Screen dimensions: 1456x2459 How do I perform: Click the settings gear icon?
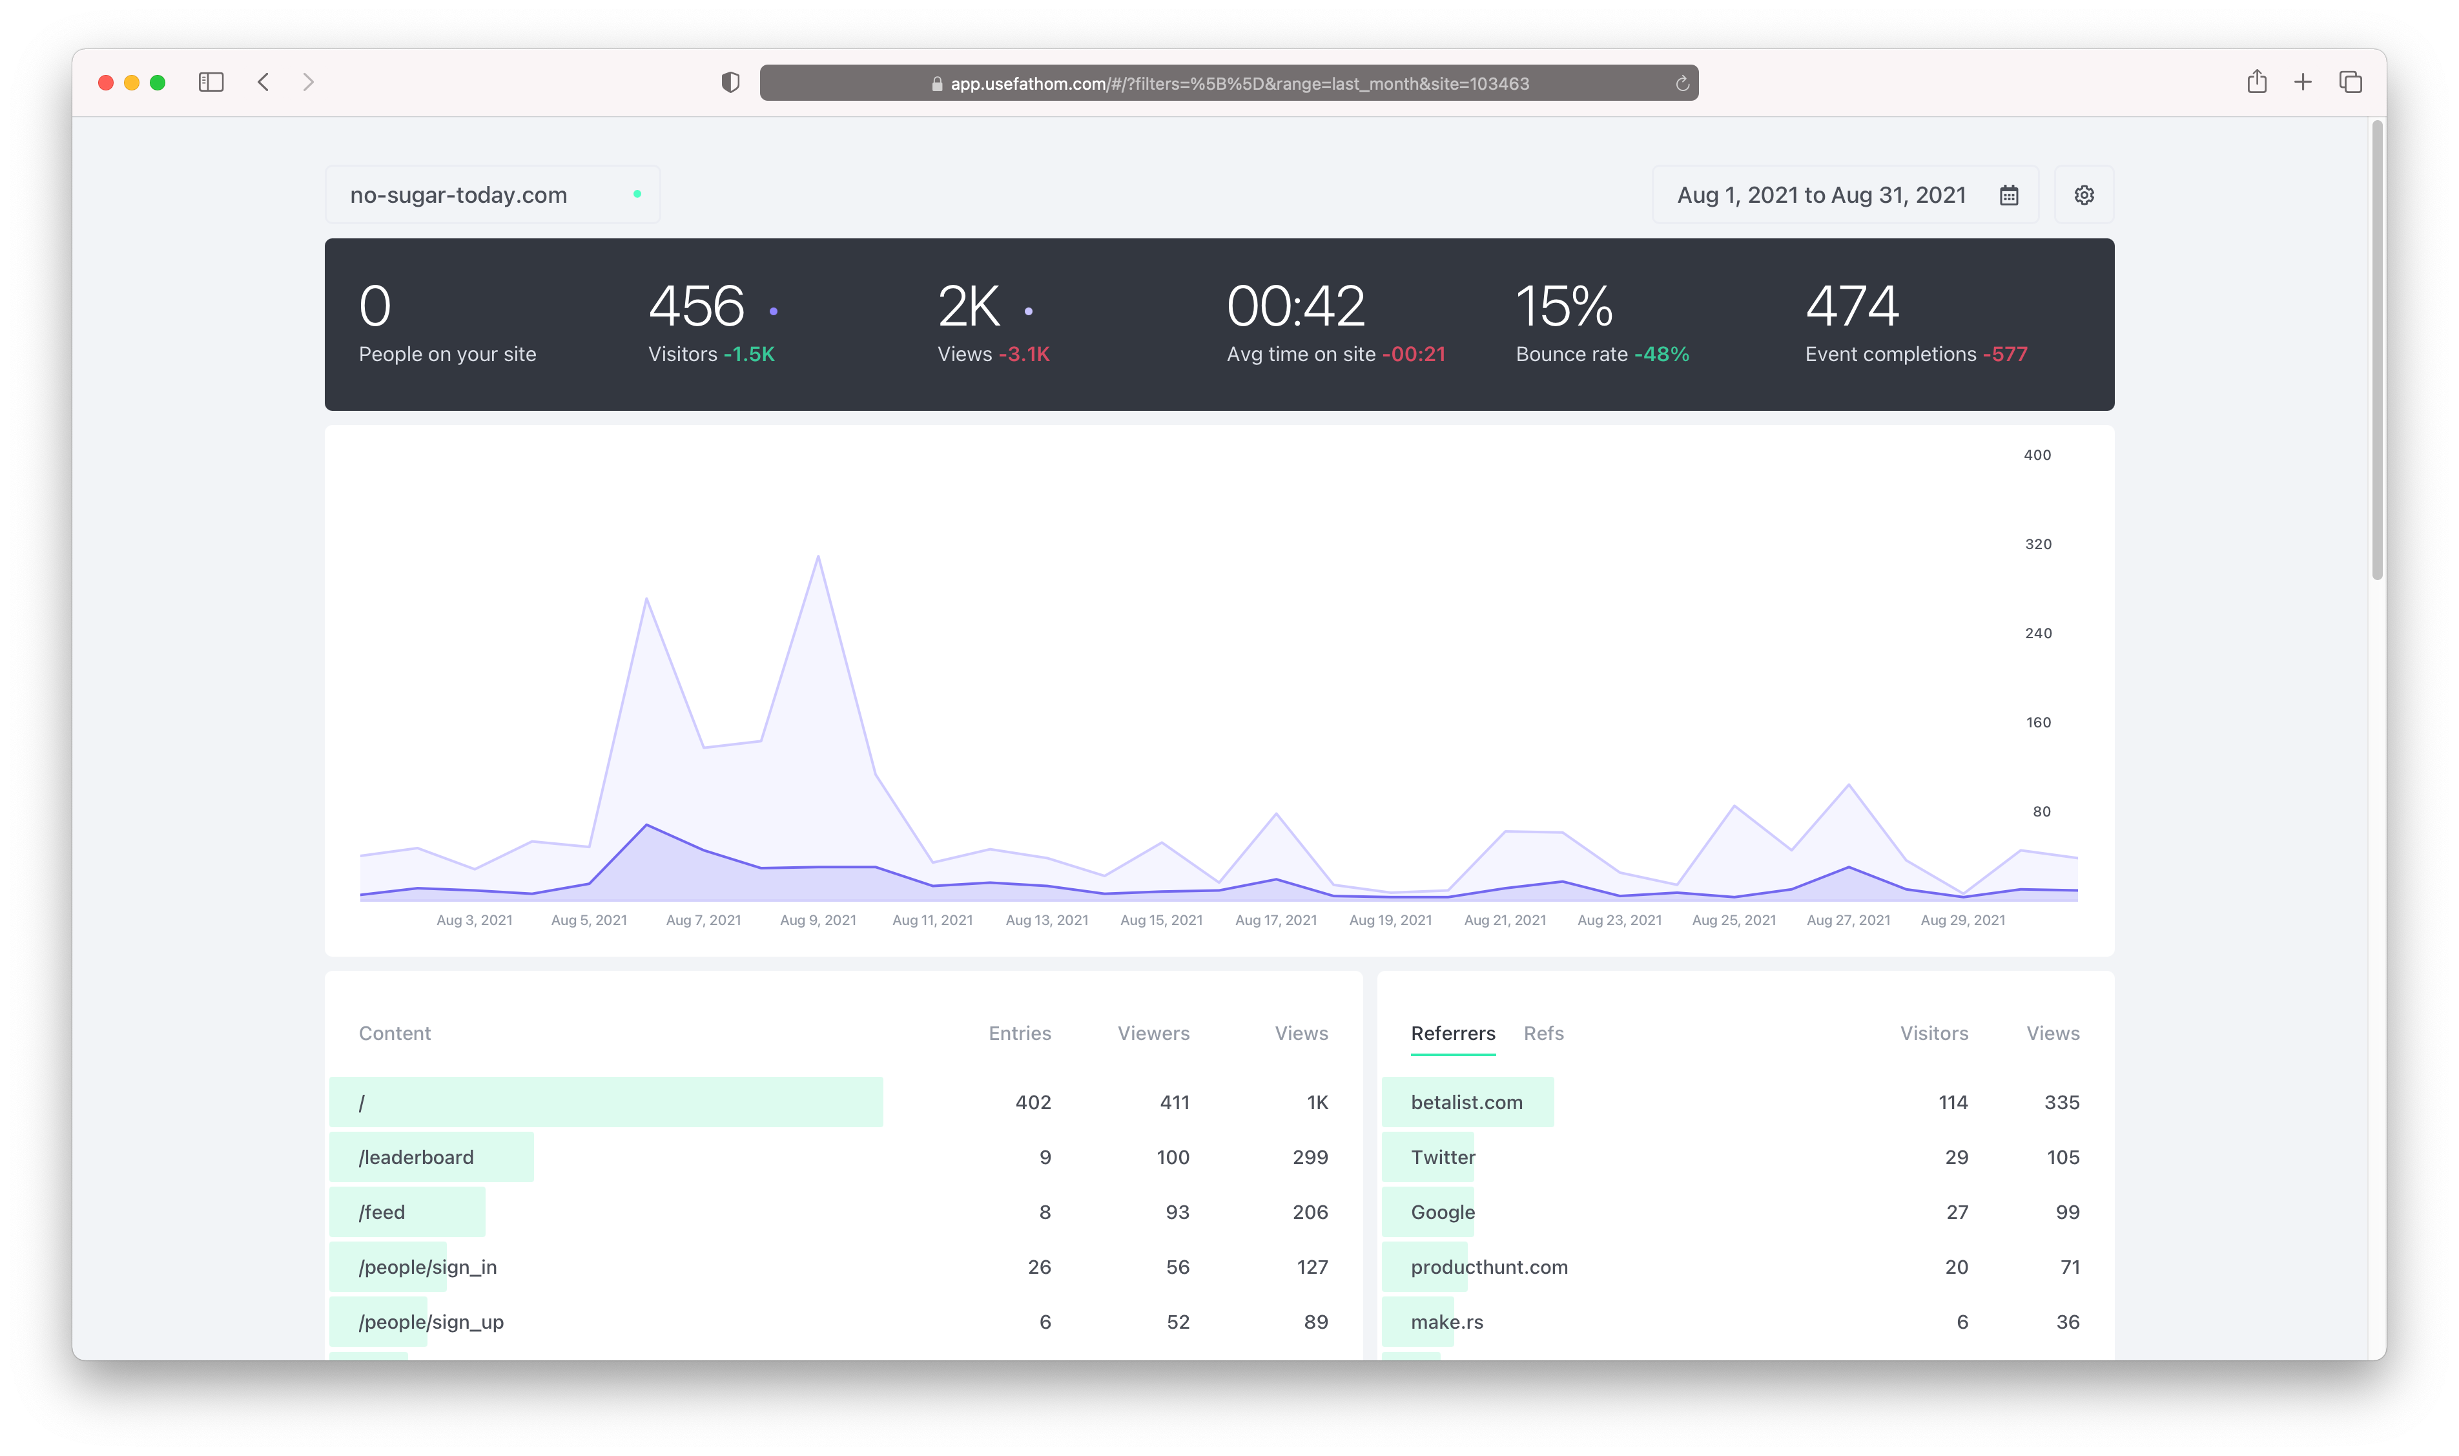(x=2083, y=195)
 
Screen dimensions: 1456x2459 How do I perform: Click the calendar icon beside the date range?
(x=2008, y=195)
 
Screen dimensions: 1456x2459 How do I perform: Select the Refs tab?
(x=1543, y=1033)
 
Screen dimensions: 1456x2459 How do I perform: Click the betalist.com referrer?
(x=1466, y=1102)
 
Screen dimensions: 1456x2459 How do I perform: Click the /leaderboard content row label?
(x=416, y=1157)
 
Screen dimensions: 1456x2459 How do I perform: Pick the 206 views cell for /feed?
(x=1310, y=1212)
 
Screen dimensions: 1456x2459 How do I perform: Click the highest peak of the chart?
(x=818, y=557)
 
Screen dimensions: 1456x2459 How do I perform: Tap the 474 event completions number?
(x=1852, y=306)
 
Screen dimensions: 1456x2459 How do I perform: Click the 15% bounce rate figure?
(x=1563, y=306)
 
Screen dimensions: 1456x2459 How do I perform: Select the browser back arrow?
(x=263, y=83)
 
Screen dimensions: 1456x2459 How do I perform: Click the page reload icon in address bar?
(x=1681, y=83)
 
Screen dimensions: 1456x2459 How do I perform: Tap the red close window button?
(x=106, y=83)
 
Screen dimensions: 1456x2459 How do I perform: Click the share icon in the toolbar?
(x=2256, y=83)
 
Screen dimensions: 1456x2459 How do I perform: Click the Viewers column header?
(x=1153, y=1033)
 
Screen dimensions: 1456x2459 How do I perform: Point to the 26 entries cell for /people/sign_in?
(x=1039, y=1267)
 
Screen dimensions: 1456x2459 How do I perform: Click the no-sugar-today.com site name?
(x=458, y=195)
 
